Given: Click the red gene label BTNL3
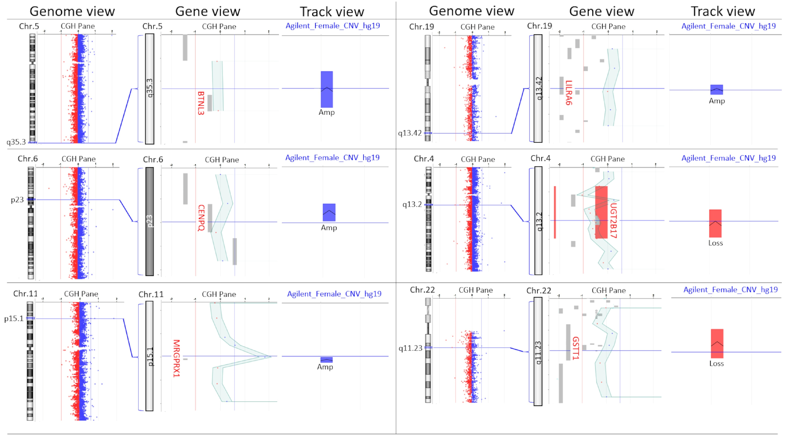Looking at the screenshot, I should click(x=201, y=103).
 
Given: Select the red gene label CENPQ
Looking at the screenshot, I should click(x=201, y=218).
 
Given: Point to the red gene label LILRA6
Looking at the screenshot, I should click(x=568, y=93).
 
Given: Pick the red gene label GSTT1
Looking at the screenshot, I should click(x=575, y=348).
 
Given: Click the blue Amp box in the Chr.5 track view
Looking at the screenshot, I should click(x=327, y=89).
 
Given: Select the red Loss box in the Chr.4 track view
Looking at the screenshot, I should click(x=715, y=223).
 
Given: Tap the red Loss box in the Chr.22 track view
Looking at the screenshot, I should click(x=717, y=343).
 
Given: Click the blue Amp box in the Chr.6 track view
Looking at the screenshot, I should click(x=329, y=212).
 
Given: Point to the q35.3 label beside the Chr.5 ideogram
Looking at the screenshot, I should click(x=16, y=142).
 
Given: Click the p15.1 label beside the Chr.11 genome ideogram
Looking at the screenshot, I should click(x=14, y=319).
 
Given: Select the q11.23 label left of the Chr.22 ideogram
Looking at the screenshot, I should click(x=410, y=348).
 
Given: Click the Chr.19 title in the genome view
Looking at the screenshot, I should click(x=421, y=27).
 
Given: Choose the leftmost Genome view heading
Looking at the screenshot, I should click(x=72, y=11).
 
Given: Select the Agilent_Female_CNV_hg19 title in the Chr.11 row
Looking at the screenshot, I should click(x=334, y=294).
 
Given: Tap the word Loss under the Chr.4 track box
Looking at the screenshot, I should click(x=715, y=243).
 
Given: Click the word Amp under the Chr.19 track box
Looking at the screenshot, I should click(x=717, y=101).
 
